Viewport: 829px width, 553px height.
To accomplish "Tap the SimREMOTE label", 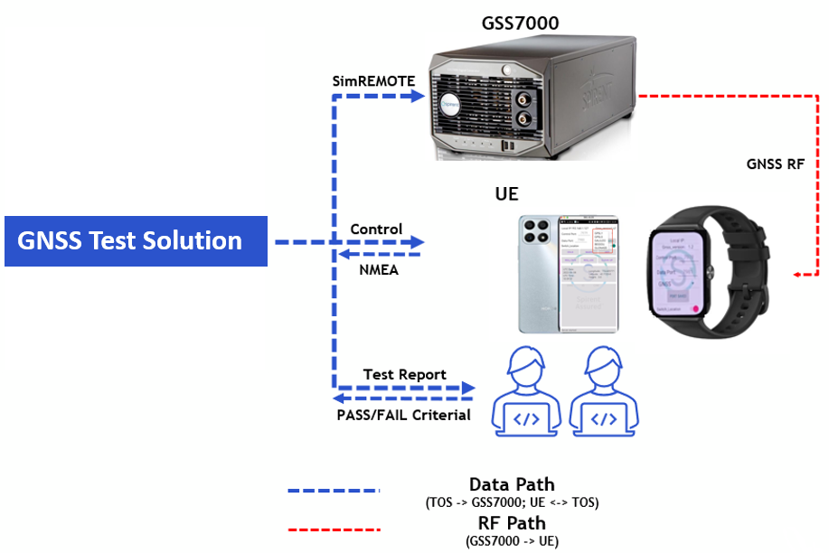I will pos(374,81).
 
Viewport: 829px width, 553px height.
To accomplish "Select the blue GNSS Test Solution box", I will pos(136,241).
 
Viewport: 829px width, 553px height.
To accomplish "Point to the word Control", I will pos(376,230).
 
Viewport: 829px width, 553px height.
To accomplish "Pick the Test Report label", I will pos(404,374).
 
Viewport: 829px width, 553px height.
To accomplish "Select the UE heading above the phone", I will pos(506,195).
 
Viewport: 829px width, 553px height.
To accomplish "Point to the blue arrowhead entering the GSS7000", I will pos(419,94).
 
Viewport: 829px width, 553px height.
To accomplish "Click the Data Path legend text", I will pos(512,484).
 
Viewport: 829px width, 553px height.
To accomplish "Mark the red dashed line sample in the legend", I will pos(334,530).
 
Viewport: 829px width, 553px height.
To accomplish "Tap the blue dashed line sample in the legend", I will pos(334,491).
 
